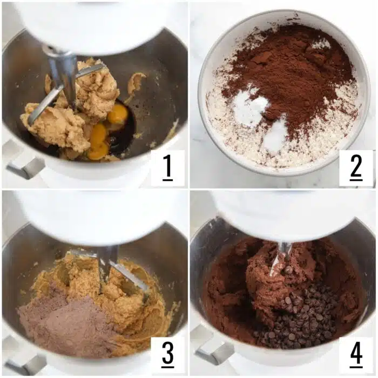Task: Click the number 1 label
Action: [x=167, y=168]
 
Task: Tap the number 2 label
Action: [x=356, y=168]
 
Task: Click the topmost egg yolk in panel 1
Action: [x=118, y=114]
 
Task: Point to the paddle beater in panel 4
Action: [x=281, y=256]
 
